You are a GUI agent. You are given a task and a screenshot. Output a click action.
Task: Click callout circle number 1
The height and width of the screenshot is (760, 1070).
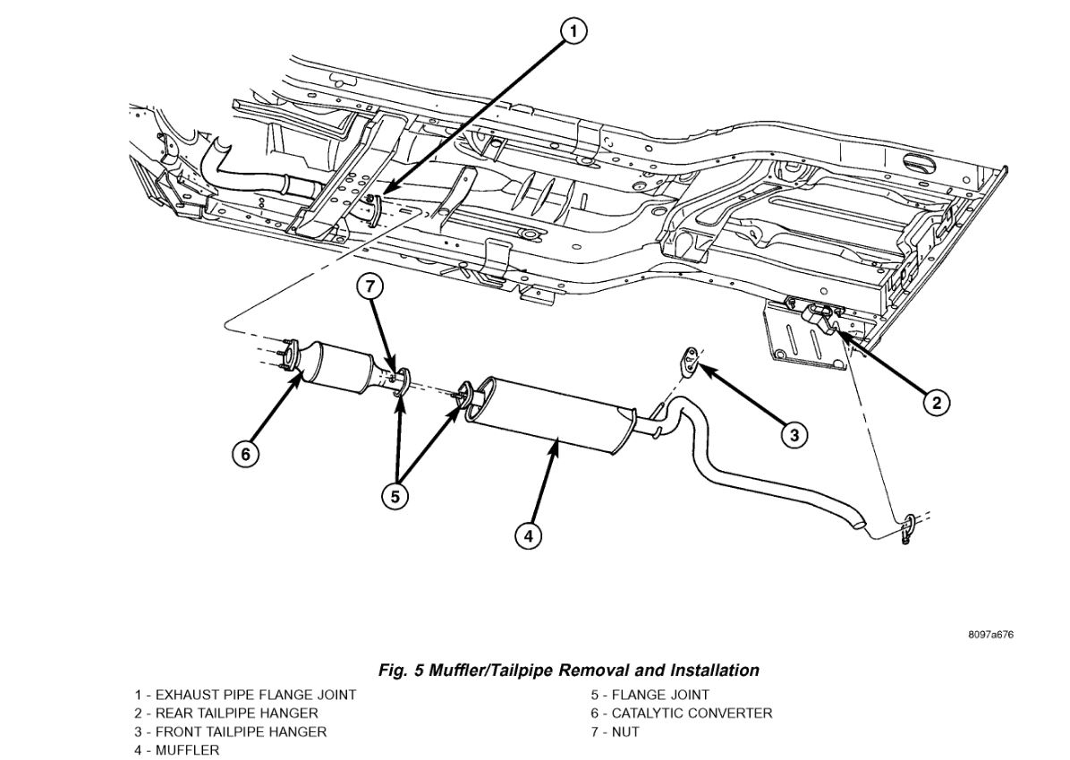pos(573,32)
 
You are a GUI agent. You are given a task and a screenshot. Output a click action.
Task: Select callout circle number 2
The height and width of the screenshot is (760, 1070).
pos(936,402)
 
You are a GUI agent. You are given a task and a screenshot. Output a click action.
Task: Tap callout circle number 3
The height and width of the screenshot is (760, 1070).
pos(794,435)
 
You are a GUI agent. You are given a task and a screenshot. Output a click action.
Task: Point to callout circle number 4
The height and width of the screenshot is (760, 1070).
pos(528,535)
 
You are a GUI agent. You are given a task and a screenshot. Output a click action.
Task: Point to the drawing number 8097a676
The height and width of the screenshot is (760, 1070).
pos(990,636)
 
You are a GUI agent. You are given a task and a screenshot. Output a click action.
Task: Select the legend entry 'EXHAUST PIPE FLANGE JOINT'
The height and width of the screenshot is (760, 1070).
pos(256,695)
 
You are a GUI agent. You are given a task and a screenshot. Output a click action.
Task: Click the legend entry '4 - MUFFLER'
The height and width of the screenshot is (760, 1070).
pos(177,750)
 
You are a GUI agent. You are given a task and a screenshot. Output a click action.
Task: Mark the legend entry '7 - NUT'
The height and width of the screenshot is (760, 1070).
pos(616,732)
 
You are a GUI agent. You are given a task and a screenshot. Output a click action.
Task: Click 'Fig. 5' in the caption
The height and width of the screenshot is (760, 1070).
pos(399,670)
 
